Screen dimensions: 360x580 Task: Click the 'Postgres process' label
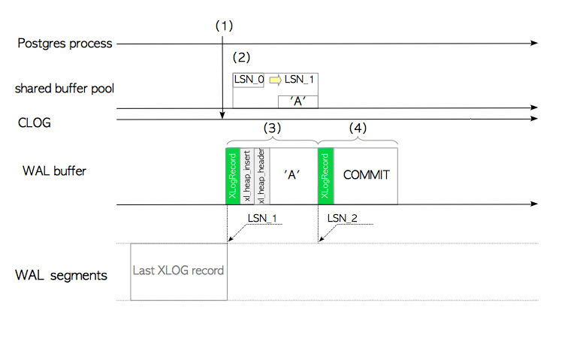pyautogui.click(x=65, y=44)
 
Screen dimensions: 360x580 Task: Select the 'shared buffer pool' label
pyautogui.click(x=59, y=89)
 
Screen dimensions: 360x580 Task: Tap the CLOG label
pyautogui.click(x=35, y=122)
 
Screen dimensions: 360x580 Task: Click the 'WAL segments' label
pyautogui.click(x=61, y=274)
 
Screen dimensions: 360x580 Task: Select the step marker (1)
pyautogui.click(x=224, y=25)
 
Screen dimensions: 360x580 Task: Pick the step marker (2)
pyautogui.click(x=241, y=57)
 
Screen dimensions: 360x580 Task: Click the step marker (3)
pyautogui.click(x=272, y=129)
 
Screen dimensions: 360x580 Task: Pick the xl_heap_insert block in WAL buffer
pyautogui.click(x=246, y=175)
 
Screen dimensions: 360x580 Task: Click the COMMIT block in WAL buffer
pyautogui.click(x=366, y=175)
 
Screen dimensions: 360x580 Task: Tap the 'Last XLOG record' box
pyautogui.click(x=179, y=271)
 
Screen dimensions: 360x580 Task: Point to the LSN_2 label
pyautogui.click(x=342, y=218)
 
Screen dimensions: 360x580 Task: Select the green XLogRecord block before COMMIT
pyautogui.click(x=325, y=175)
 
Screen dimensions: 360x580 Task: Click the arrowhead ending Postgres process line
pyautogui.click(x=534, y=44)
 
